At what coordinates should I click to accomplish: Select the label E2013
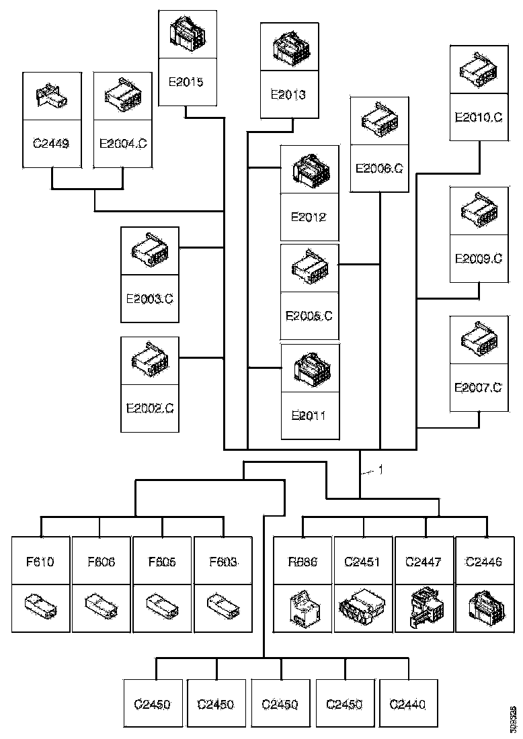pyautogui.click(x=288, y=95)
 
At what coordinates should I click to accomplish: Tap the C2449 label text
pyautogui.click(x=51, y=142)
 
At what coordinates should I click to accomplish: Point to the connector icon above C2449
pyautogui.click(x=51, y=97)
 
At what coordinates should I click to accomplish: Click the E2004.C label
pyautogui.click(x=123, y=142)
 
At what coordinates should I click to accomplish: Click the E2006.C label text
pyautogui.click(x=379, y=168)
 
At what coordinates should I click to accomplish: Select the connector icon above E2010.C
pyautogui.click(x=479, y=70)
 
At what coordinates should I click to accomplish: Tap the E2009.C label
pyautogui.click(x=479, y=258)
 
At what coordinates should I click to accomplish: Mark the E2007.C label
pyautogui.click(x=479, y=387)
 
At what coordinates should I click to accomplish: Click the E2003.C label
pyautogui.click(x=150, y=298)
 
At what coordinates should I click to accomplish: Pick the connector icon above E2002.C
pyautogui.click(x=150, y=361)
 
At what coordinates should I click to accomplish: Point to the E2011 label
pyautogui.click(x=309, y=415)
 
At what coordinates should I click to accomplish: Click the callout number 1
pyautogui.click(x=380, y=470)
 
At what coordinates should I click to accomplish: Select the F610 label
pyautogui.click(x=41, y=562)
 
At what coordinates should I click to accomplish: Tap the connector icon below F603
pyautogui.click(x=223, y=606)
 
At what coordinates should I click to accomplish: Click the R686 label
pyautogui.click(x=302, y=562)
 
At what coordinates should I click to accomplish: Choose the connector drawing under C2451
pyautogui.click(x=363, y=607)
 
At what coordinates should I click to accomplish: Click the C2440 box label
pyautogui.click(x=408, y=704)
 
